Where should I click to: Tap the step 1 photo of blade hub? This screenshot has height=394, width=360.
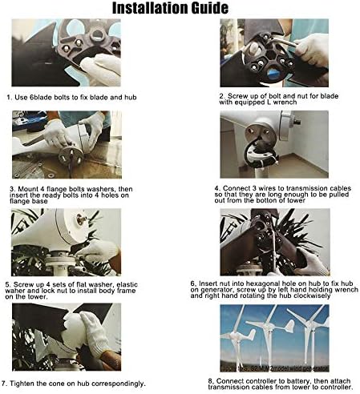pos(67,53)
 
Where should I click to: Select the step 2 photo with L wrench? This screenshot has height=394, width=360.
pos(273,53)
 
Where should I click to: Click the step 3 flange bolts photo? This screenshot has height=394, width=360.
pos(67,144)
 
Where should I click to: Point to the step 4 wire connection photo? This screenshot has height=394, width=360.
pos(273,144)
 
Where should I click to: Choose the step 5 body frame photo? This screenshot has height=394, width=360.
pos(67,241)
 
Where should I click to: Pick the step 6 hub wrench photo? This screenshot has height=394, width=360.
pos(273,241)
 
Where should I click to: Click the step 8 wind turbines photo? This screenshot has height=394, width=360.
pos(273,336)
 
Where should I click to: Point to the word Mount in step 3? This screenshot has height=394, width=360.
pos(27,189)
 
